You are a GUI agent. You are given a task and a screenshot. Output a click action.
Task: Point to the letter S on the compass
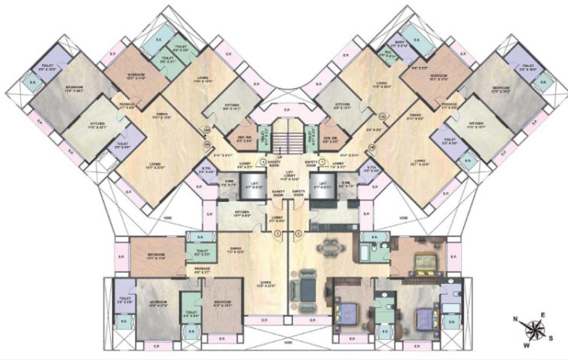[551, 338]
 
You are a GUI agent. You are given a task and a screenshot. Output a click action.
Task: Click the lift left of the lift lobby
[251, 186]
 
